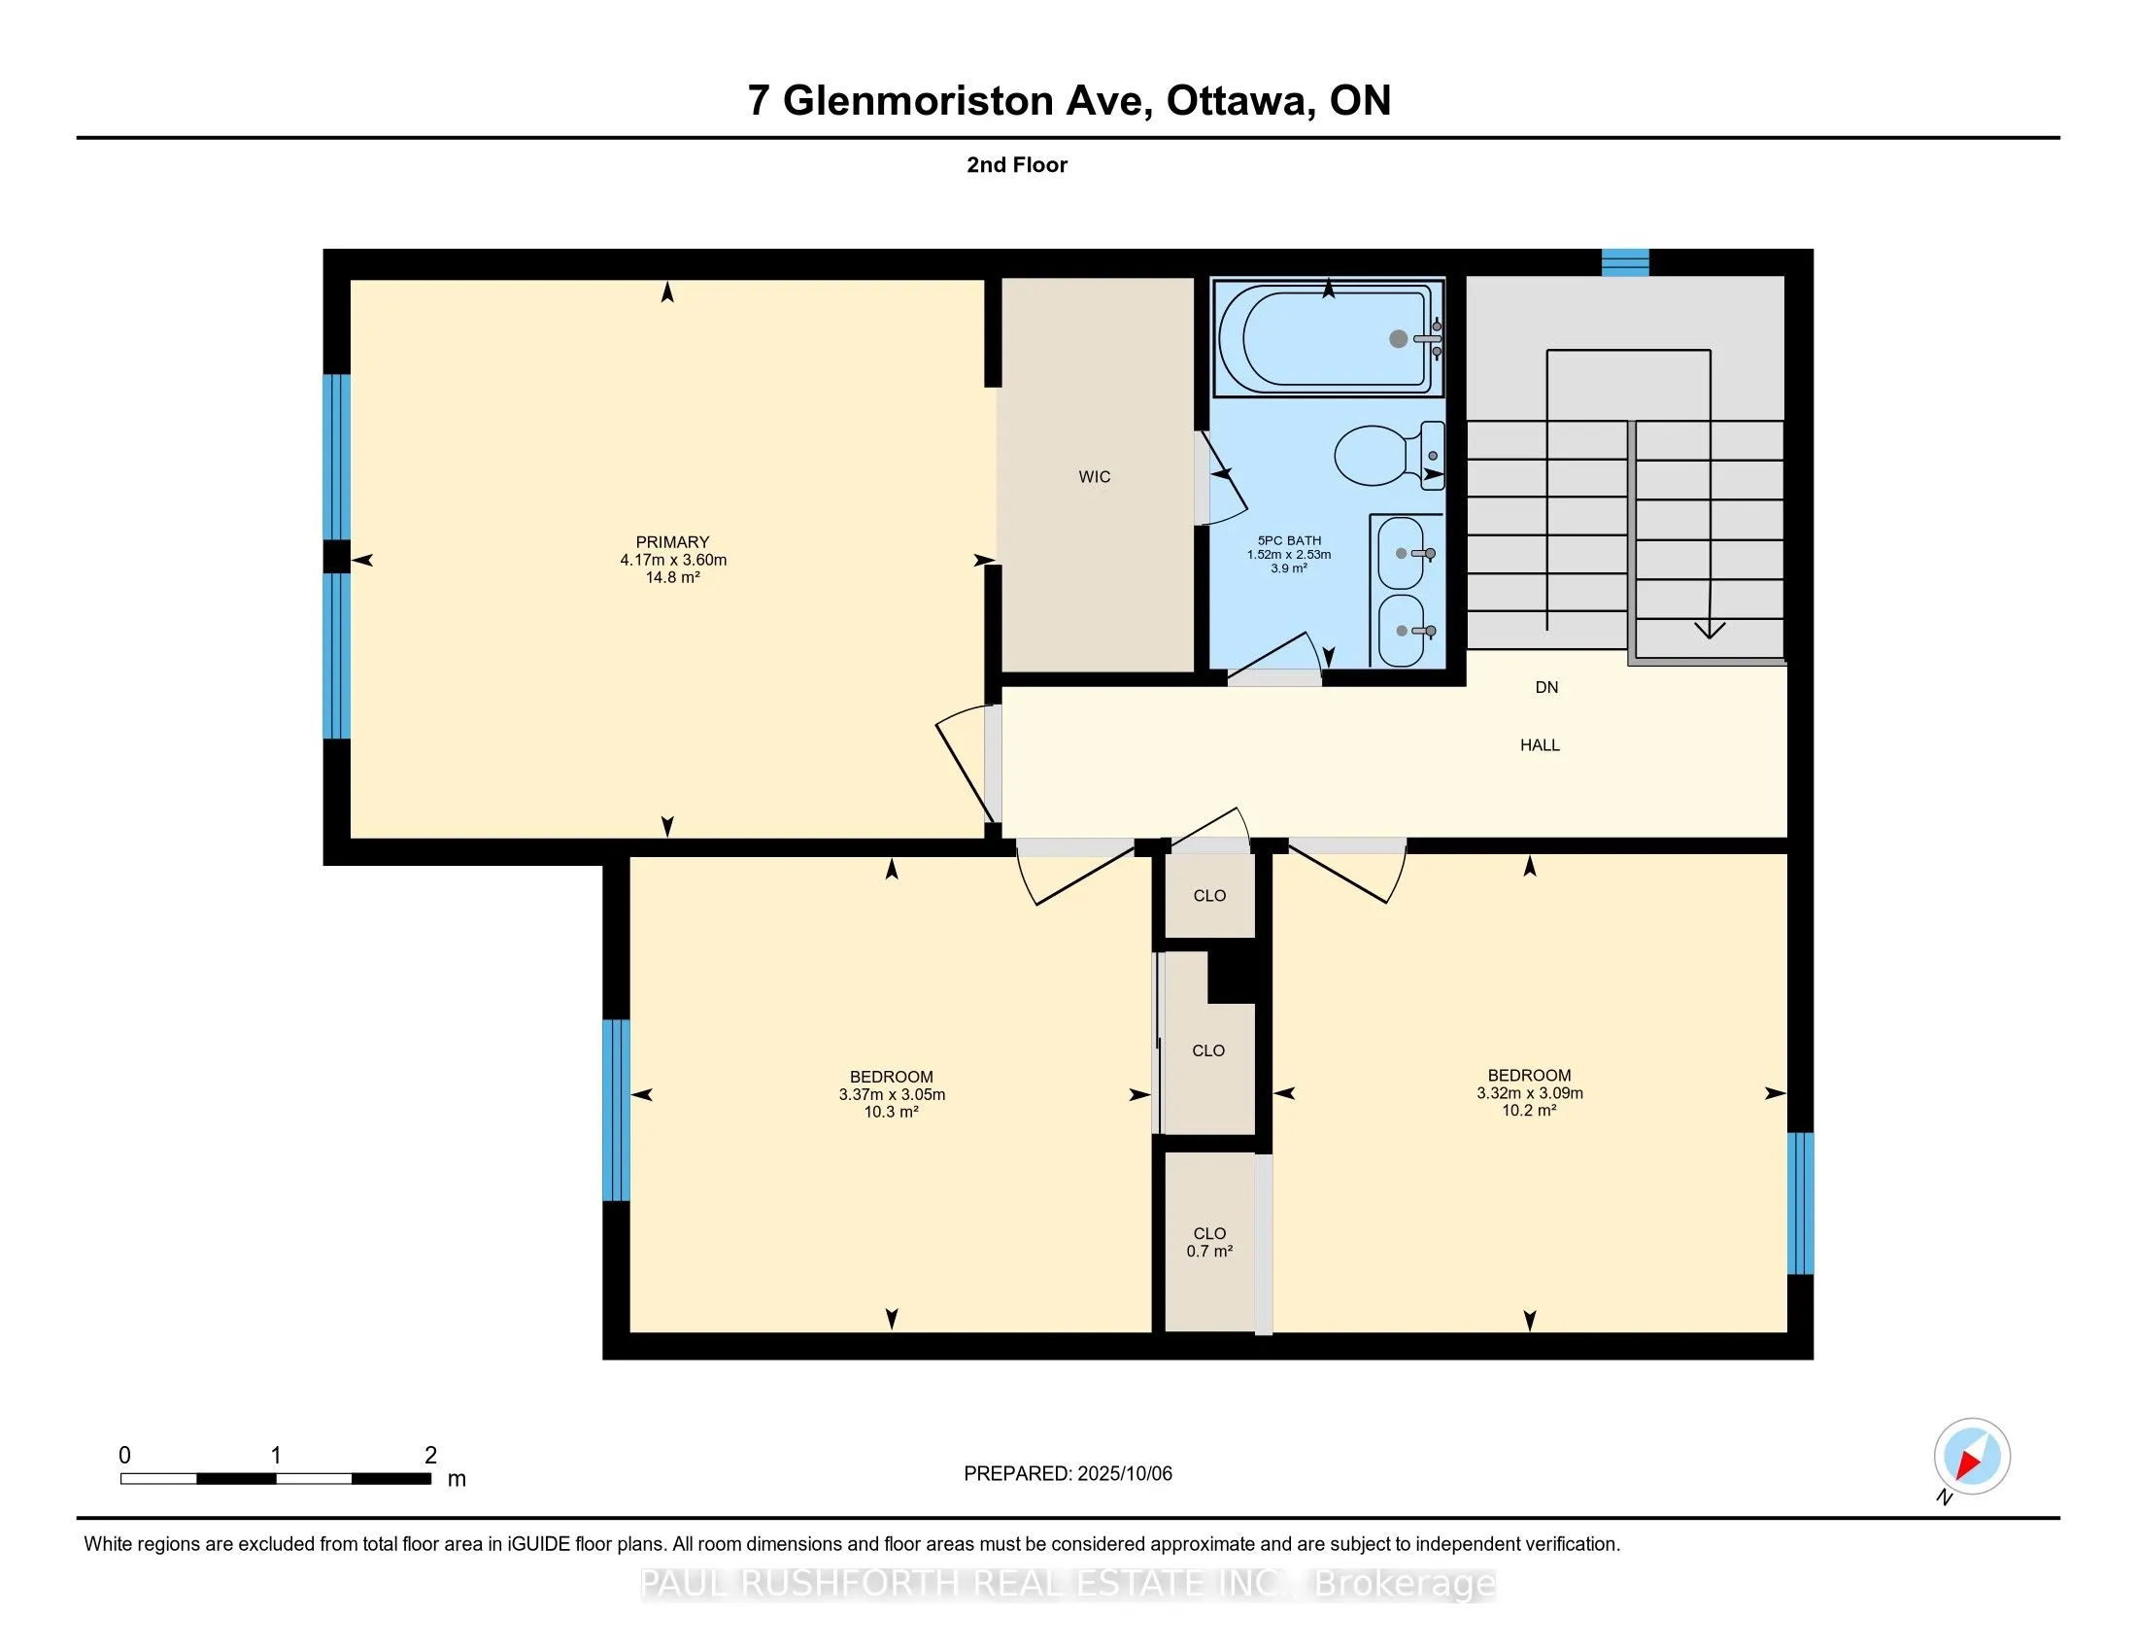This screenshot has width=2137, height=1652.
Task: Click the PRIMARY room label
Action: click(672, 542)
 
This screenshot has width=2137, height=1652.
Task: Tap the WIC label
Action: click(1094, 476)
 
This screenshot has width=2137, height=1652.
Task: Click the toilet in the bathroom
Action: click(1388, 455)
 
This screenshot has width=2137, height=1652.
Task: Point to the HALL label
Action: click(1540, 744)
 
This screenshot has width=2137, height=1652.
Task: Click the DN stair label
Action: click(1546, 687)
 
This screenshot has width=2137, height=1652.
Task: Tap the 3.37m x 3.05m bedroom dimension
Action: click(892, 1094)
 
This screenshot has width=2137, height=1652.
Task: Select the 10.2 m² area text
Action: click(1529, 1110)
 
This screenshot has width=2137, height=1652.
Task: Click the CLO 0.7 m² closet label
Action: click(1209, 1242)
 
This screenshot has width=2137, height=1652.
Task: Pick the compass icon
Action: click(1972, 1457)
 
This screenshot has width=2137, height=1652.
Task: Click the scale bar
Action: click(276, 1479)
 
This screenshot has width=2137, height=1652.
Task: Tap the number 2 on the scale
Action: click(430, 1455)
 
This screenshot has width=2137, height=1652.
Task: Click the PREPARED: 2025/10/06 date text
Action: click(1068, 1473)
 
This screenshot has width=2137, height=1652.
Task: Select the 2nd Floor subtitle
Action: click(1017, 164)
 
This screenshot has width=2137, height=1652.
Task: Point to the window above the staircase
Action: click(1625, 262)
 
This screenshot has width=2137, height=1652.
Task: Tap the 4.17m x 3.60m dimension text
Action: click(673, 560)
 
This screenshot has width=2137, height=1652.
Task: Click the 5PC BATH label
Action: click(1289, 540)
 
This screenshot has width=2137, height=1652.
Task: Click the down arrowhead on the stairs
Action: click(1710, 630)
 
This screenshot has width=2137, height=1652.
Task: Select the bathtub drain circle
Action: click(1398, 338)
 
